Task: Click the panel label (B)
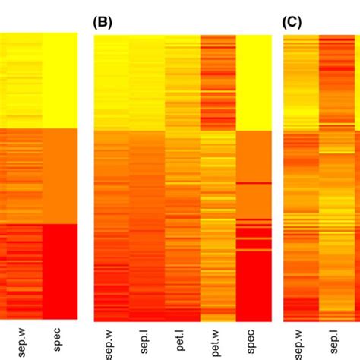pos(102,22)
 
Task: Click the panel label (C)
pos(292,22)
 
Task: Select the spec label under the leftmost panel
pos(58,339)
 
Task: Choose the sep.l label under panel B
pos(147,341)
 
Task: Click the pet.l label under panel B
pos(182,341)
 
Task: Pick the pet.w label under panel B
pos(218,340)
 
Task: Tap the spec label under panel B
pos(253,339)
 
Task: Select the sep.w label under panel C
pos(301,340)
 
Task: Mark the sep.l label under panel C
pos(336,341)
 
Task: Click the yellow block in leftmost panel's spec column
pos(58,81)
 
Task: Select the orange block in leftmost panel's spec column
pos(58,175)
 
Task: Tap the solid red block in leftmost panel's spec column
pos(58,271)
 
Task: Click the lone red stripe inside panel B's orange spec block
pos(253,183)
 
